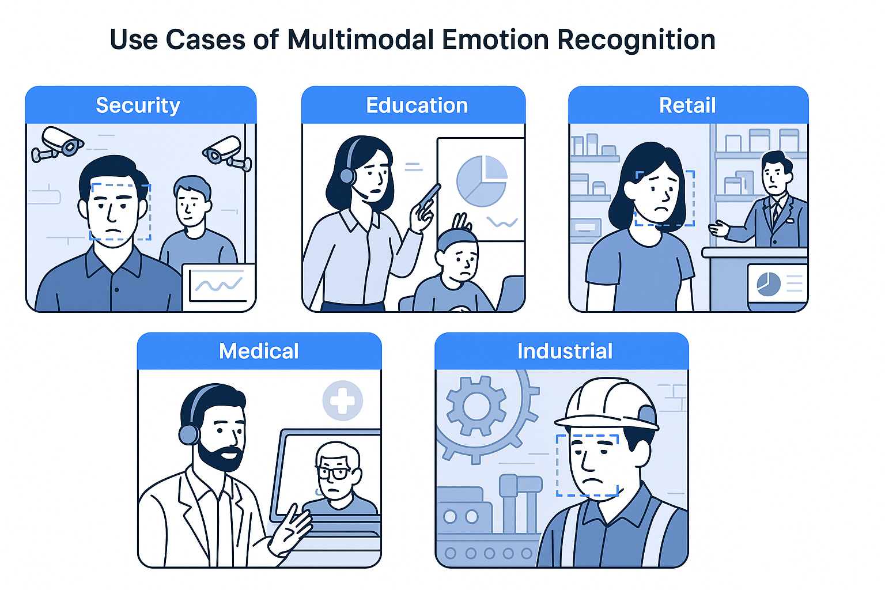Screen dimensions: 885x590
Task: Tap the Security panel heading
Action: [138, 105]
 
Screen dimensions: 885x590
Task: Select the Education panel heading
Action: [417, 105]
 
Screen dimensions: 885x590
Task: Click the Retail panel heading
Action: [687, 105]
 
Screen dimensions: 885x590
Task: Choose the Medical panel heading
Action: [259, 351]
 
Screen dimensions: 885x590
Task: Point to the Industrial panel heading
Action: [565, 351]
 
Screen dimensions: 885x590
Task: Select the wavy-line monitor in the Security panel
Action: [218, 285]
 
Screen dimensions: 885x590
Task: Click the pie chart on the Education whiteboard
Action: [482, 180]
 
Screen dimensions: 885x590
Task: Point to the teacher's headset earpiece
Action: [347, 175]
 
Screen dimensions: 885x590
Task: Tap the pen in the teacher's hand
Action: [429, 196]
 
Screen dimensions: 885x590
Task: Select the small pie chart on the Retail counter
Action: [768, 284]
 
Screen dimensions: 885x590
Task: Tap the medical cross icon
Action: [342, 400]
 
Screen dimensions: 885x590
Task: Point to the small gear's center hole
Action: [476, 407]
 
